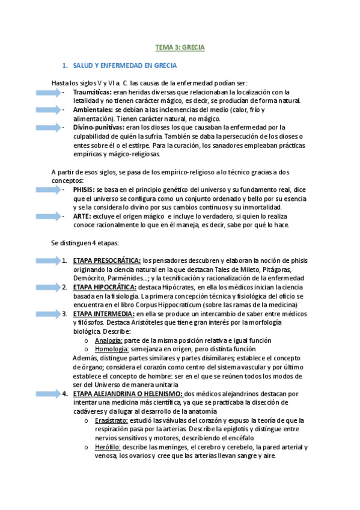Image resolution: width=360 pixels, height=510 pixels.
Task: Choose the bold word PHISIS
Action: (x=83, y=189)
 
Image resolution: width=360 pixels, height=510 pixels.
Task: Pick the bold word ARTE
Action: (x=81, y=216)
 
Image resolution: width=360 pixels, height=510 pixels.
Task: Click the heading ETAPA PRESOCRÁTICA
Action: (x=107, y=260)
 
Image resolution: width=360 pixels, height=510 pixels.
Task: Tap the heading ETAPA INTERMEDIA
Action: (x=103, y=314)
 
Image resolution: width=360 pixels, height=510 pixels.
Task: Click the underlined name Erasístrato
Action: (x=111, y=420)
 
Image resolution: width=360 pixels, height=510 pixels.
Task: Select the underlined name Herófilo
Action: (x=108, y=447)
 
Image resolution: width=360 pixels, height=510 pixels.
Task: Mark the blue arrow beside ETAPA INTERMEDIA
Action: (x=37, y=314)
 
